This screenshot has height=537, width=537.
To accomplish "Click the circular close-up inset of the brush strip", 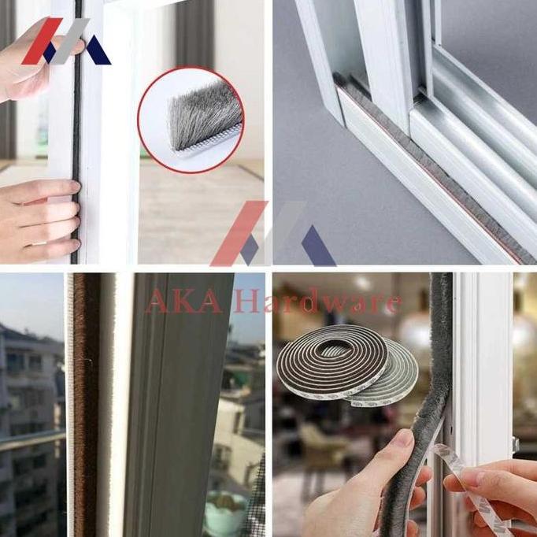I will point(191,119).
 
